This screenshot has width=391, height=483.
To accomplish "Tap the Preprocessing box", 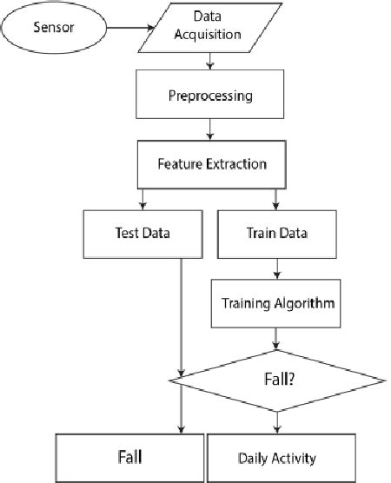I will point(209,94).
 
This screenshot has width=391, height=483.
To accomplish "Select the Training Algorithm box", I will point(275,306).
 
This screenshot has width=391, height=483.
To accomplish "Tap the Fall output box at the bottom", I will point(130,456).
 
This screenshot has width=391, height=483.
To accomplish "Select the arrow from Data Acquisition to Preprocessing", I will point(209,63).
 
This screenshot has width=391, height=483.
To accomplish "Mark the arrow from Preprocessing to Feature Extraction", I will point(209,131).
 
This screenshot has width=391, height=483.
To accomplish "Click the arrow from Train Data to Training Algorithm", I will point(275,270).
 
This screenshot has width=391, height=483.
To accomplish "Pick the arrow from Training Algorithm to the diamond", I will point(275,339).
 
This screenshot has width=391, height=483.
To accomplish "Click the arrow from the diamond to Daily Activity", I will point(277,421).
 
